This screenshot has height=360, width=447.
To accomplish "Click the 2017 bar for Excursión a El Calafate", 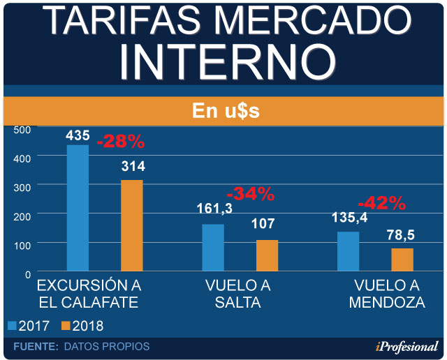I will [78, 207].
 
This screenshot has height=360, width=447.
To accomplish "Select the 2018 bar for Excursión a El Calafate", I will [132, 225].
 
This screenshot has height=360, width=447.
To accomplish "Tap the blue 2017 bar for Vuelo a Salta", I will [213, 247].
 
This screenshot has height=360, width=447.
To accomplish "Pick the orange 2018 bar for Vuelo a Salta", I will [267, 255].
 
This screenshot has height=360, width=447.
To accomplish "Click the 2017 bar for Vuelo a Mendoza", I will [348, 250].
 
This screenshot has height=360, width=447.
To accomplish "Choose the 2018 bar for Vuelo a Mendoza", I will [402, 259].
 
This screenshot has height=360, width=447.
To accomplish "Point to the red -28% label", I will [120, 142].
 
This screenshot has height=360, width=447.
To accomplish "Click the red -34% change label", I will [251, 194].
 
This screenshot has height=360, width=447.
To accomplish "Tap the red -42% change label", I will [381, 203].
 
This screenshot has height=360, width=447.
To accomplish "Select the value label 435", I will [78, 135].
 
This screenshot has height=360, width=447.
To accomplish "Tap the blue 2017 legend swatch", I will [13, 326].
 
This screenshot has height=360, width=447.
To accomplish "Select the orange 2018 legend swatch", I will [67, 326].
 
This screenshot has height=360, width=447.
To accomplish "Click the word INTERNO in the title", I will [223, 61].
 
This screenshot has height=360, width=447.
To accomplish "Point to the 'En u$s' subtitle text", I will [223, 112].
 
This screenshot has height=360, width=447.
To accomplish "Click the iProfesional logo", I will [404, 347].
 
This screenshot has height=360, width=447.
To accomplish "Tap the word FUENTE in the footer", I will [35, 347].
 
